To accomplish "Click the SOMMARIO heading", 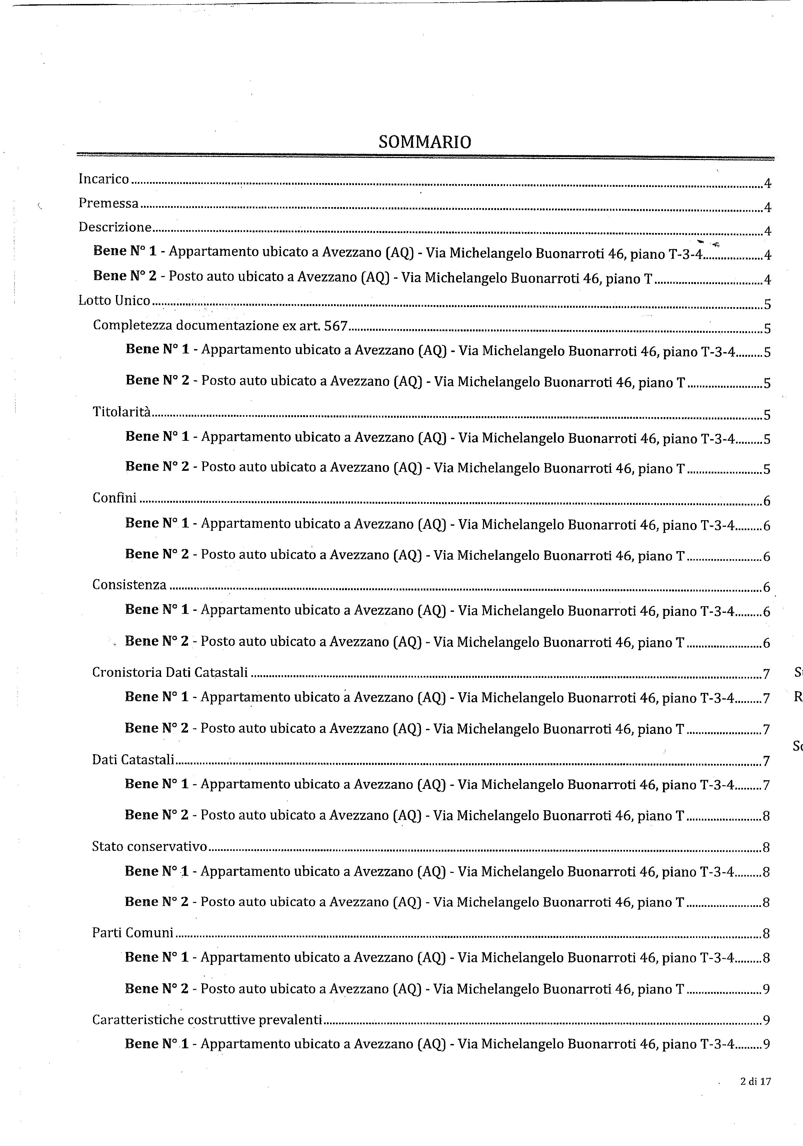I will click(x=425, y=142).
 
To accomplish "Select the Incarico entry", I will click(x=104, y=179).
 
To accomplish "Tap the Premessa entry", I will click(x=108, y=203).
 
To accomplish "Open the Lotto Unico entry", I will click(x=114, y=300).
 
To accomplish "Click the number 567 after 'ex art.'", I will click(x=335, y=326).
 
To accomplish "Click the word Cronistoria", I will click(x=127, y=672).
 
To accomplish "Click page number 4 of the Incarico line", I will click(x=768, y=184).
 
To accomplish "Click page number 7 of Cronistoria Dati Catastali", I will click(x=767, y=674).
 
